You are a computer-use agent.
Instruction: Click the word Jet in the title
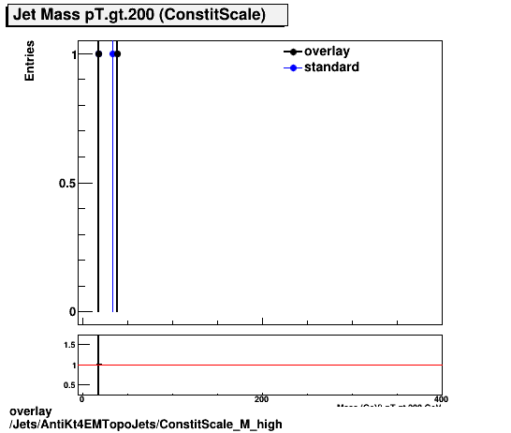[26, 16]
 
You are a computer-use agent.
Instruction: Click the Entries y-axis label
[30, 61]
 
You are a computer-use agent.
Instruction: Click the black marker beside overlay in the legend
[293, 52]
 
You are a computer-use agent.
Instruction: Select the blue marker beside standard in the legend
[293, 67]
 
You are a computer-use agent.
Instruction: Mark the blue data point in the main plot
[112, 54]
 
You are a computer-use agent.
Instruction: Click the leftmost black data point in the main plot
[98, 54]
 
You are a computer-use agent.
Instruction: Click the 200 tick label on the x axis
[262, 399]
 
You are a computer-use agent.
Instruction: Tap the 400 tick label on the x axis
[442, 399]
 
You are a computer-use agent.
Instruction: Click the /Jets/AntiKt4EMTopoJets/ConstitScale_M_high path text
[145, 424]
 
